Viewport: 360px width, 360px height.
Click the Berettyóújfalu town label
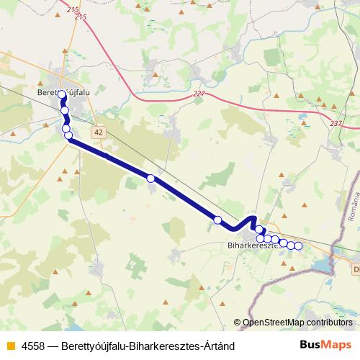click(61, 92)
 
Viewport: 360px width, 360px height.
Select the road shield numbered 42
click(99, 132)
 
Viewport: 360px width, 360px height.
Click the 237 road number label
click(336, 124)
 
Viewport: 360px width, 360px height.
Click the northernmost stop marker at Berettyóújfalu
click(62, 95)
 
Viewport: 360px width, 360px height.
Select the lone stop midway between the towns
click(150, 178)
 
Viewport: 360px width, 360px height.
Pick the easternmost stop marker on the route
click(298, 246)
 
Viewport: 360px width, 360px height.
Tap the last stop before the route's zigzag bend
click(217, 220)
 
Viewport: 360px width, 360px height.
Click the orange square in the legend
click(9, 346)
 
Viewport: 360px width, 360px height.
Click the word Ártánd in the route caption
click(217, 346)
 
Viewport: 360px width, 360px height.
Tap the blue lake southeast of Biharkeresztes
click(320, 267)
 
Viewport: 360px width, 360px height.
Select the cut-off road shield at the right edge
click(356, 269)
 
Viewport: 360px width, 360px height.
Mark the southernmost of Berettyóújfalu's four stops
click(68, 135)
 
